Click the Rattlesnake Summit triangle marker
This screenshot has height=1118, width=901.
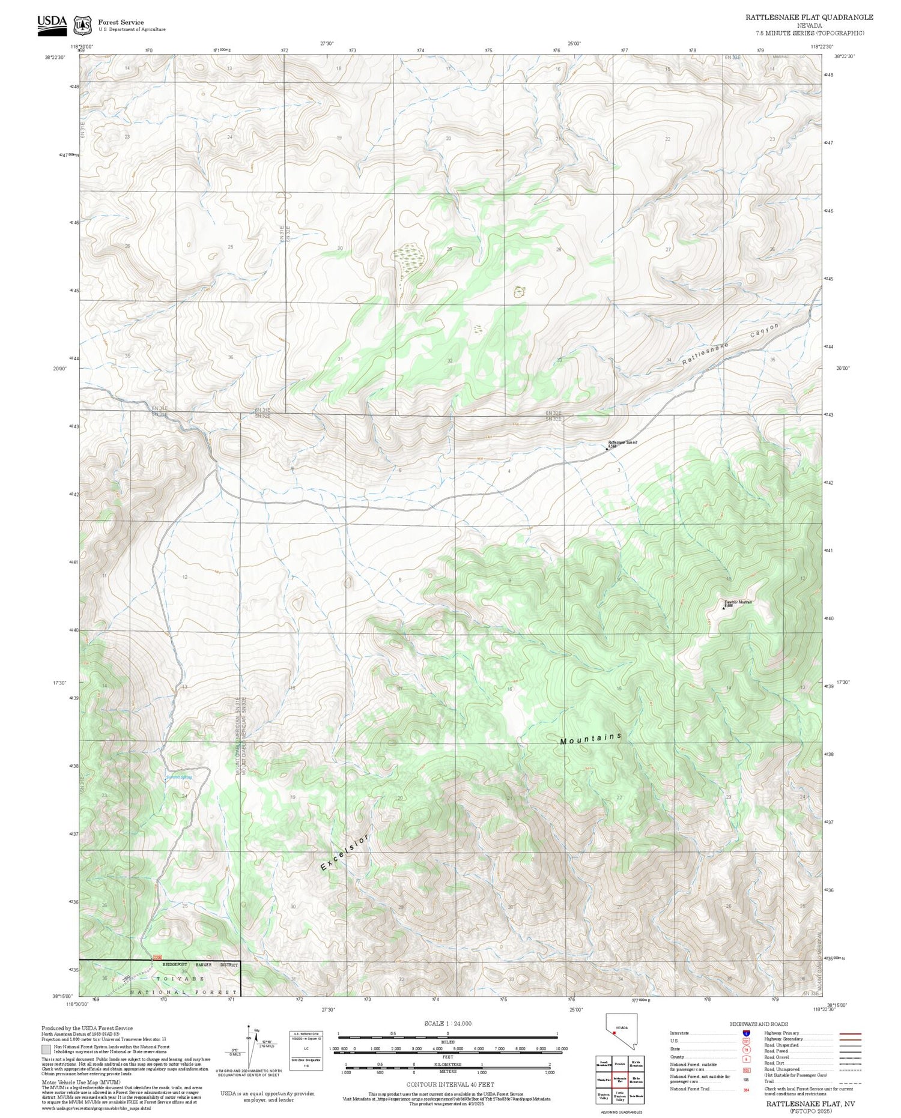[607, 448]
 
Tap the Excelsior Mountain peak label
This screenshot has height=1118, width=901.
[738, 602]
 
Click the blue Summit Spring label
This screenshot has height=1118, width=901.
[179, 778]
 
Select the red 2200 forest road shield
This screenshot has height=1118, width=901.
[157, 958]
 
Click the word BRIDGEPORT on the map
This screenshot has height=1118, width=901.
[175, 964]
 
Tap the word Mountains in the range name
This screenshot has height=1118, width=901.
[590, 739]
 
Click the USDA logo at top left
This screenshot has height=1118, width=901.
[52, 25]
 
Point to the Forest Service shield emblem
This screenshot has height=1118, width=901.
[82, 25]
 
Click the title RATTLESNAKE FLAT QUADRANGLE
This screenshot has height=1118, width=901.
[809, 17]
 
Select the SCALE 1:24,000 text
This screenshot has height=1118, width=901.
[447, 1023]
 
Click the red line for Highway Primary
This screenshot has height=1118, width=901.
[847, 1034]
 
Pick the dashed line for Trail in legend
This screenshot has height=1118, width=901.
[847, 1081]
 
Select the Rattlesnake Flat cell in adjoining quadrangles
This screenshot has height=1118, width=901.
[620, 1062]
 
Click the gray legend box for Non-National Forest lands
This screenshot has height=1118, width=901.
[46, 1050]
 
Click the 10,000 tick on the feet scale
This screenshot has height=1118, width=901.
[562, 1048]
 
